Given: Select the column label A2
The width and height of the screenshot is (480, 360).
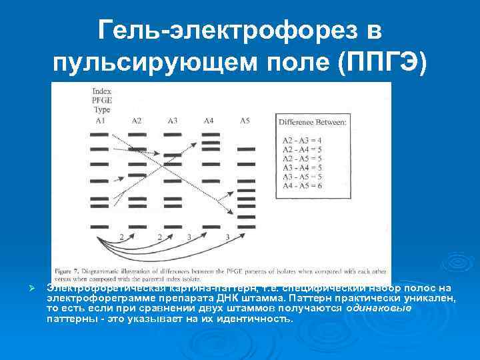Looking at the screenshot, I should pos(136,121).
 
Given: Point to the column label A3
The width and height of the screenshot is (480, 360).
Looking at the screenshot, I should pos(172,121).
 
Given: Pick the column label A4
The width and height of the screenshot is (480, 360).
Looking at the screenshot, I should pos(209,121).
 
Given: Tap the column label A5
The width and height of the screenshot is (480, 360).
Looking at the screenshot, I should pos(245,121).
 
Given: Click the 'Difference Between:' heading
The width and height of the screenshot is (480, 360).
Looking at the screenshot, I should pos(312,123).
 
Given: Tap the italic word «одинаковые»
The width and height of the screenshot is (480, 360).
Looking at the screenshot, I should pos(379,309).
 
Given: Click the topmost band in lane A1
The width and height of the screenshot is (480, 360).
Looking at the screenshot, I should pos(99,135).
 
